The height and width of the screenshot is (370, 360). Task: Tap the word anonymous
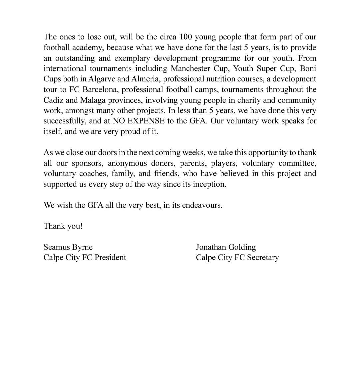127,163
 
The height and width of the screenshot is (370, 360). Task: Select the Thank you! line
63,226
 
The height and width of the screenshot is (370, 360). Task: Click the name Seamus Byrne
68,247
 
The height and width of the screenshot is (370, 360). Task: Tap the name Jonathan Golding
226,247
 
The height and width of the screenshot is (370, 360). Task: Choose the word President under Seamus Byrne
110,258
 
